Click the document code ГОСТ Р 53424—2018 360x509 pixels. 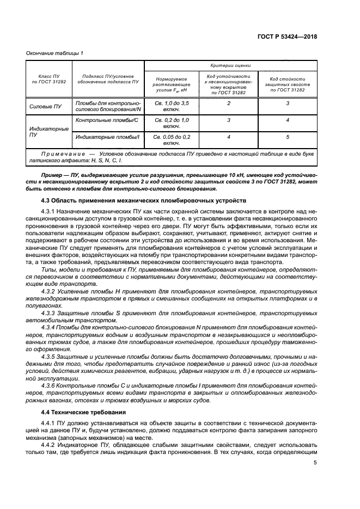(x=288, y=37)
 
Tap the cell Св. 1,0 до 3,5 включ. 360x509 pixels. (x=172, y=106)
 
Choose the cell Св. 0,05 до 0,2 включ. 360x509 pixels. (x=172, y=140)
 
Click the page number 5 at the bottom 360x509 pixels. (x=315, y=463)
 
